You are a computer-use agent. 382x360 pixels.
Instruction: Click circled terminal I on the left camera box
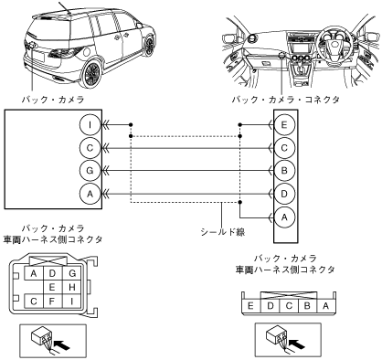(x=90, y=125)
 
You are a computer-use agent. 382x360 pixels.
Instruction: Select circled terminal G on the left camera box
(x=90, y=170)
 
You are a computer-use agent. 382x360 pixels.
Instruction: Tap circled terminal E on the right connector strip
(x=284, y=125)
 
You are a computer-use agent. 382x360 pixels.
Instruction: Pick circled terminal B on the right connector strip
(x=284, y=170)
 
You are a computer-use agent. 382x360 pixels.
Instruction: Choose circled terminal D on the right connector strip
(x=284, y=194)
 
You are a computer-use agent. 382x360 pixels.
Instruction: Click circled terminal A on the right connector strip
(x=284, y=217)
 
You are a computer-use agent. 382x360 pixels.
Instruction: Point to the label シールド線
(x=223, y=232)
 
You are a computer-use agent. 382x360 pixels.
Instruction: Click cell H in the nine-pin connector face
(x=72, y=287)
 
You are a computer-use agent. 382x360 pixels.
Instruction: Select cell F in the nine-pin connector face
(x=52, y=302)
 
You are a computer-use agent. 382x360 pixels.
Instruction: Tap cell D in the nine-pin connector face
(x=52, y=273)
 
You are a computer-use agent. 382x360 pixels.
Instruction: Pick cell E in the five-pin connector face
(x=250, y=305)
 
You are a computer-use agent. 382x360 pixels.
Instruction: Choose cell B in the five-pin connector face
(x=307, y=305)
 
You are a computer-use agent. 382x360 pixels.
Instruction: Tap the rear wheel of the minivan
(x=91, y=74)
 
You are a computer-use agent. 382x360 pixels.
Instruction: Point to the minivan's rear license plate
(x=37, y=56)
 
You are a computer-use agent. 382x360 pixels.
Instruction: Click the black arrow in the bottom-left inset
(x=62, y=345)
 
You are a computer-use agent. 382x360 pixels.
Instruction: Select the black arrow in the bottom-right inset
(x=296, y=344)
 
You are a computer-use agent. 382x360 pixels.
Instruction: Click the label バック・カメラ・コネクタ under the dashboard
(x=286, y=100)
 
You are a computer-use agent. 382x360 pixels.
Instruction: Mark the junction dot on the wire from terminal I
(x=131, y=125)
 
